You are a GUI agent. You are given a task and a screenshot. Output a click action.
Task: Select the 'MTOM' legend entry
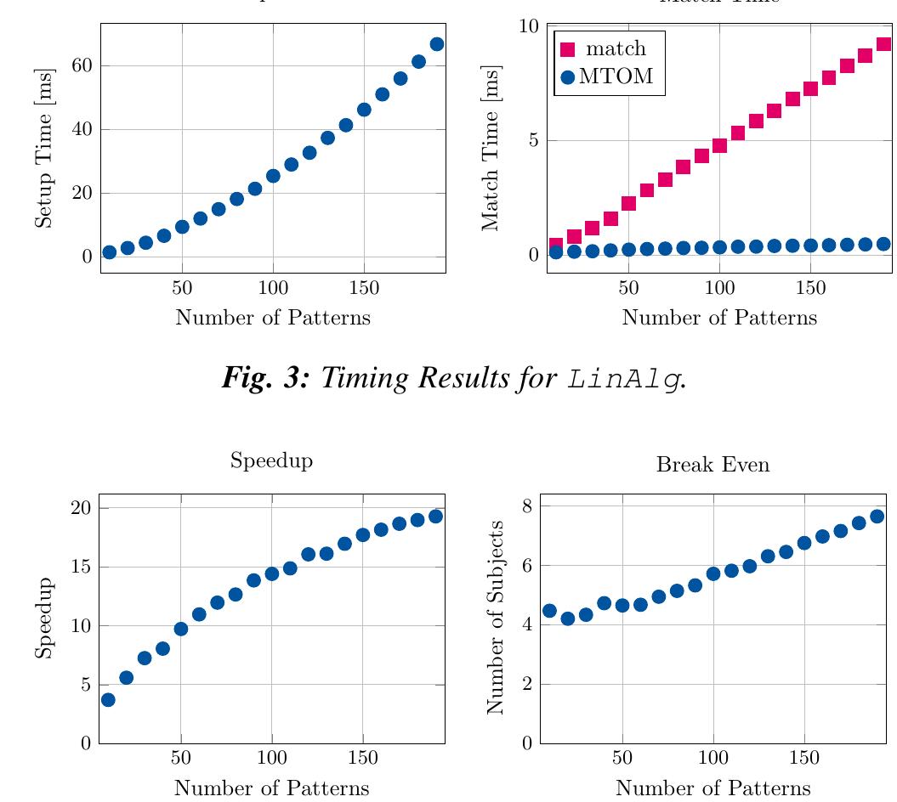pyautogui.click(x=616, y=77)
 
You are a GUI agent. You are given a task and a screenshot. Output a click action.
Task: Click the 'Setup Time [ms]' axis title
pyautogui.click(x=43, y=148)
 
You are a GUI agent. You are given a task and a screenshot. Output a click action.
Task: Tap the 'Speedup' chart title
pyautogui.click(x=271, y=461)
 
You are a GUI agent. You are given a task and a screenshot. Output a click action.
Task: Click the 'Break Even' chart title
pyautogui.click(x=712, y=465)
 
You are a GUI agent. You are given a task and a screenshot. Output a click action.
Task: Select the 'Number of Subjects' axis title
pyautogui.click(x=494, y=618)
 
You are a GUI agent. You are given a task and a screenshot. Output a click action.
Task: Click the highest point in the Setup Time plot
pyautogui.click(x=437, y=44)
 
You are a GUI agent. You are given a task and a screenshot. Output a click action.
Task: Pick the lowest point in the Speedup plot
pyautogui.click(x=108, y=700)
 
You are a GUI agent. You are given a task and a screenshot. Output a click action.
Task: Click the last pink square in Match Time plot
pyautogui.click(x=883, y=44)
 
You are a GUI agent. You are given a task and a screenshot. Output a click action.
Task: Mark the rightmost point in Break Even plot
pyautogui.click(x=877, y=517)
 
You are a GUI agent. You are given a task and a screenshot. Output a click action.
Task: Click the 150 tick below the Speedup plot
pyautogui.click(x=362, y=758)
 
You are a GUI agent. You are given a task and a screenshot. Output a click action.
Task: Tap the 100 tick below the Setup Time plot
pyautogui.click(x=273, y=288)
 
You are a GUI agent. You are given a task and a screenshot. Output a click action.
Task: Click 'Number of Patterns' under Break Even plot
pyautogui.click(x=712, y=788)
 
